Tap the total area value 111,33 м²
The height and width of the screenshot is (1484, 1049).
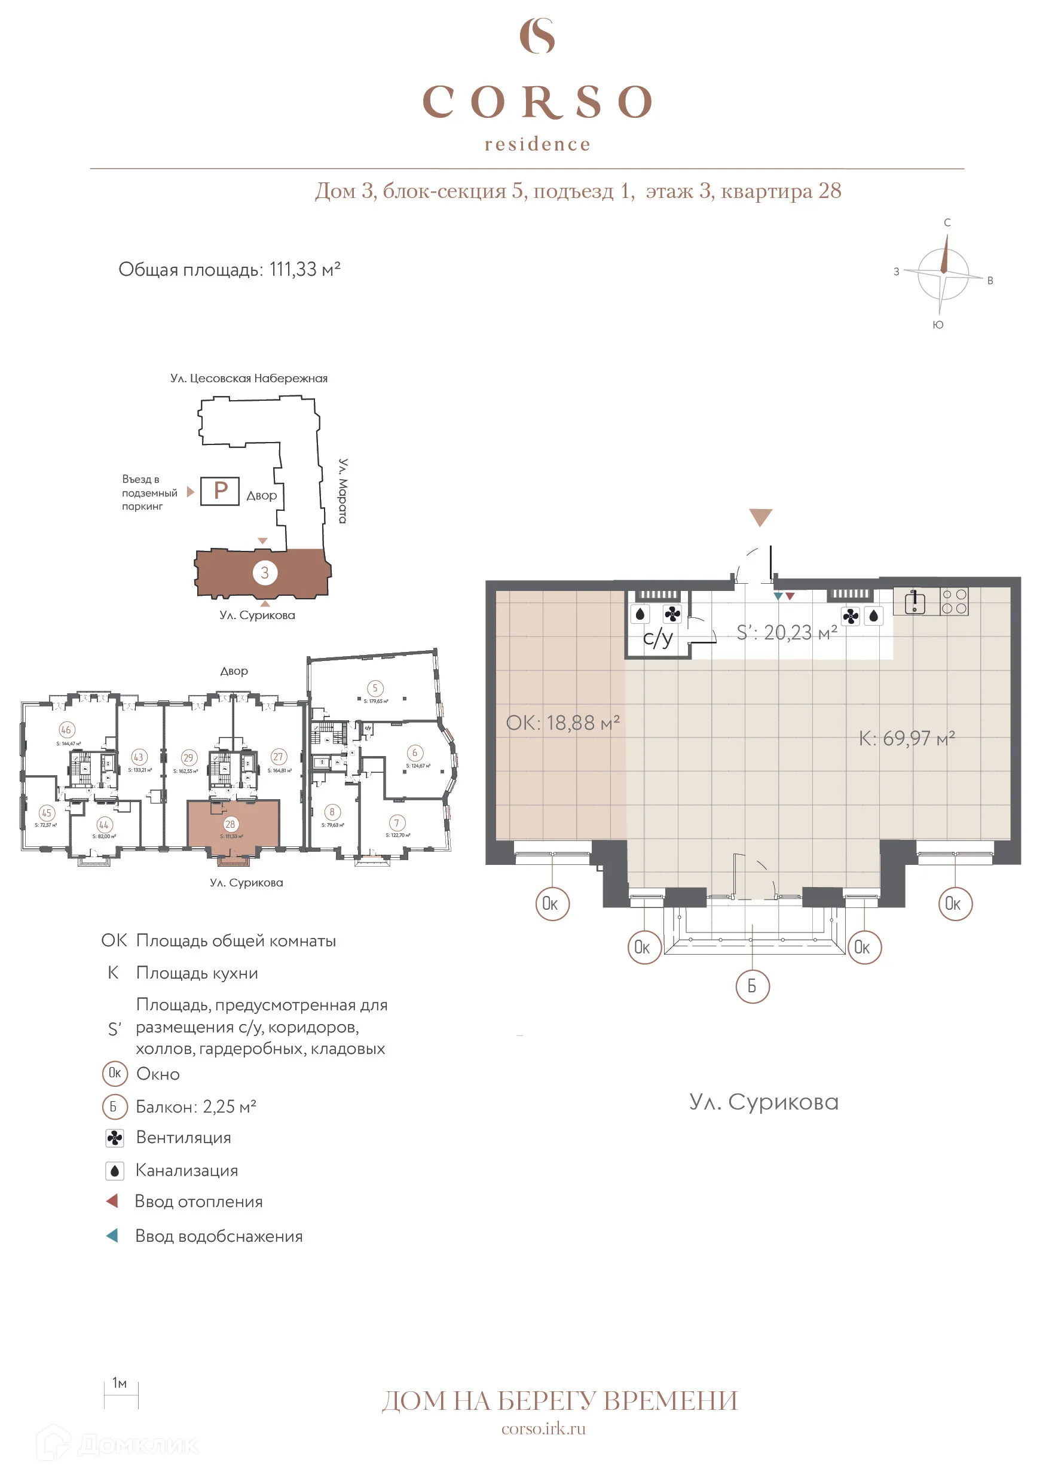(x=304, y=270)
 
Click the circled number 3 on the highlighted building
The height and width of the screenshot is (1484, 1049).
(x=264, y=572)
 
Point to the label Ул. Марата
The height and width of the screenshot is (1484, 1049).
(x=343, y=490)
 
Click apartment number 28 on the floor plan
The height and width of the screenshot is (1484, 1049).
(x=230, y=824)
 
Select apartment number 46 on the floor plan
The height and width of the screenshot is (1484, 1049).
(x=66, y=730)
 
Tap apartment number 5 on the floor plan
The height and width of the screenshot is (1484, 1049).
(x=375, y=688)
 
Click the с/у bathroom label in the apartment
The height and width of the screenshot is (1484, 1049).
(x=657, y=638)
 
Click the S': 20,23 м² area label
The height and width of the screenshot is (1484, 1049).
(x=787, y=633)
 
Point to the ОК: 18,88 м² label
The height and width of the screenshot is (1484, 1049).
(x=562, y=723)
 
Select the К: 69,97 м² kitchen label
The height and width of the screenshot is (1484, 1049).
(x=906, y=738)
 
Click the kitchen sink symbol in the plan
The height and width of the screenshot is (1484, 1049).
(x=915, y=602)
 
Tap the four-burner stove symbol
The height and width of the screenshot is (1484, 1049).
(x=954, y=601)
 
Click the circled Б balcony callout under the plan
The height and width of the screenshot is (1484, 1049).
(x=753, y=986)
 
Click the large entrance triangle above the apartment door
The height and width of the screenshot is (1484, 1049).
(x=760, y=517)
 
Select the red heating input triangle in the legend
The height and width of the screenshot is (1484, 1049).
(x=112, y=1201)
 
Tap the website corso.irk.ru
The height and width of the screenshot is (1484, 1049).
(x=543, y=1429)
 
